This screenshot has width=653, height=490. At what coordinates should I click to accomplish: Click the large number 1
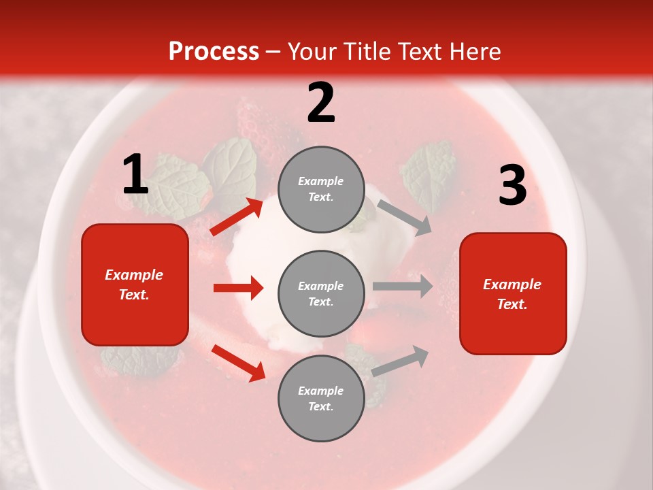coord(135,174)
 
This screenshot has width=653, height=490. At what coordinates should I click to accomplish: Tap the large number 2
coord(321,103)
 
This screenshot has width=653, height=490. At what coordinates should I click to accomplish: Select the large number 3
coord(512,185)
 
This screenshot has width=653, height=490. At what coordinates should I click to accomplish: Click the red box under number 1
coord(135,284)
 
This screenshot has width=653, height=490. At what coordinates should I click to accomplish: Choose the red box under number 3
coord(513,293)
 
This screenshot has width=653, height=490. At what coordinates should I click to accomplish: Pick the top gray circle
coord(321,189)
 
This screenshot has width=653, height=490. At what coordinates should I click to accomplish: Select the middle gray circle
coord(321,293)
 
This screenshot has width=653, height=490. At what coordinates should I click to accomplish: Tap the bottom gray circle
coord(321,398)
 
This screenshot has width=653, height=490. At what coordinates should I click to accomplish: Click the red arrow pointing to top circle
coord(237,217)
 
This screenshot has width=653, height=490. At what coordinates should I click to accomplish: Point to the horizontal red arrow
coord(238,288)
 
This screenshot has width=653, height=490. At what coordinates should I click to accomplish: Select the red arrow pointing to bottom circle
coord(238,363)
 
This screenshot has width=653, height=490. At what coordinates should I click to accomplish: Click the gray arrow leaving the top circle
coord(404,217)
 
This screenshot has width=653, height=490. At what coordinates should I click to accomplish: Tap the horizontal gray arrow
coord(403,286)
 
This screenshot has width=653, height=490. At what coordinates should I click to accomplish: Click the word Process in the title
coord(214,51)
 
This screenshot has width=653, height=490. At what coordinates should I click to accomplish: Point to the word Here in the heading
coord(475,51)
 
